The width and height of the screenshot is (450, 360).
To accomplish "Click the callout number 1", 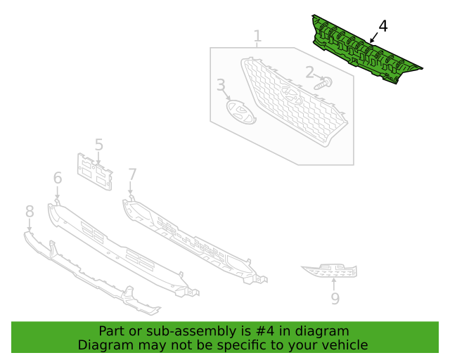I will (257, 36).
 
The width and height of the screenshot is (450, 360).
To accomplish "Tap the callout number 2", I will (309, 71).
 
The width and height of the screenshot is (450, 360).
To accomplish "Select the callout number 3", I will (221, 86).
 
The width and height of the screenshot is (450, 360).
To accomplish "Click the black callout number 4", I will (382, 27).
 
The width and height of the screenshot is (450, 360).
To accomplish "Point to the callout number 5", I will (98, 145).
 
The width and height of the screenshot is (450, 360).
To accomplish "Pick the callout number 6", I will (58, 179).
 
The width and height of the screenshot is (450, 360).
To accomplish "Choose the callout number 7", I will (132, 174).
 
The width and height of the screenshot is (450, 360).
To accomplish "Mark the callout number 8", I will (30, 211).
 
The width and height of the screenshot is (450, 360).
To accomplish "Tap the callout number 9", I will (335, 299).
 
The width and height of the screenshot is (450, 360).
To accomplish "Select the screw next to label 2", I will (324, 83).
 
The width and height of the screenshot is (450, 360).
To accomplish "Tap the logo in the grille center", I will (292, 96).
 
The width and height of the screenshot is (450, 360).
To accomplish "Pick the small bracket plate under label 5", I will (95, 172).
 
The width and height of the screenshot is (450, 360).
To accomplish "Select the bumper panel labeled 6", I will (120, 250).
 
